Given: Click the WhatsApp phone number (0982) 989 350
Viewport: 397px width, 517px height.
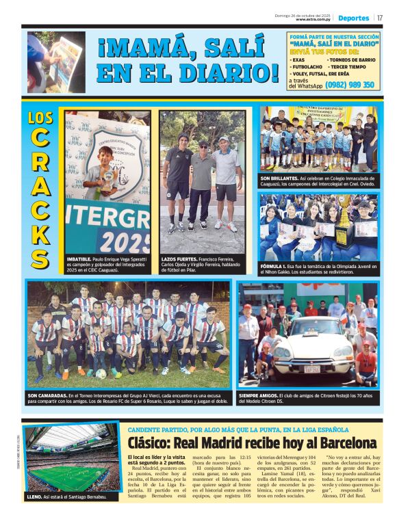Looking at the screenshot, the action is (350, 85).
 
